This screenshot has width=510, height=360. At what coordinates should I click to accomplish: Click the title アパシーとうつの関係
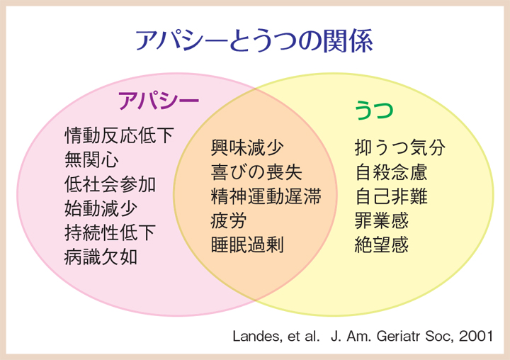254,41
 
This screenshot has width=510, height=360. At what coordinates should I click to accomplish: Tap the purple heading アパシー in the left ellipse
159,101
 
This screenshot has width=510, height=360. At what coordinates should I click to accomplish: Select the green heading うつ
374,110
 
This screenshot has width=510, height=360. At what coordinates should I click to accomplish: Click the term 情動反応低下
120,135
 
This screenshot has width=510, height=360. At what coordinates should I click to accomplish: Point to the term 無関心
91,160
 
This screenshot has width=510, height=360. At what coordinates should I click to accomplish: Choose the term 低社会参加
110,184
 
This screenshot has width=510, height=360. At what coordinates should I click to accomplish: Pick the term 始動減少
101,208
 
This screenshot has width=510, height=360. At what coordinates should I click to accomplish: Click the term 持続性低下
110,233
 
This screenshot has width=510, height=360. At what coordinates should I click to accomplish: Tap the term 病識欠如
101,257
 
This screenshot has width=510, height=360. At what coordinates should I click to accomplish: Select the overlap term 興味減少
247,148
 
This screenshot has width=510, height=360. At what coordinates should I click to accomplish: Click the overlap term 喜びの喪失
256,172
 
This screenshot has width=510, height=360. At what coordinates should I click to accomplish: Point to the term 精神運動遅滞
266,196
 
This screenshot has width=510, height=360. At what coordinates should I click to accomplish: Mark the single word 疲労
229,221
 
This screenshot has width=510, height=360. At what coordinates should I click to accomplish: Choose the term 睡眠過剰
247,245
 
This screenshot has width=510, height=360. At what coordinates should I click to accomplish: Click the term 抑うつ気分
399,148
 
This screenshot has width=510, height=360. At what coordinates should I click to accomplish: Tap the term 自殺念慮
391,172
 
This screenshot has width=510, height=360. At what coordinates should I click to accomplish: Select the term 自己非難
391,196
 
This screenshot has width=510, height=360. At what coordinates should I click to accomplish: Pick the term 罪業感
382,221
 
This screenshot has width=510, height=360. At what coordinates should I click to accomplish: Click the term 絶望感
382,245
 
